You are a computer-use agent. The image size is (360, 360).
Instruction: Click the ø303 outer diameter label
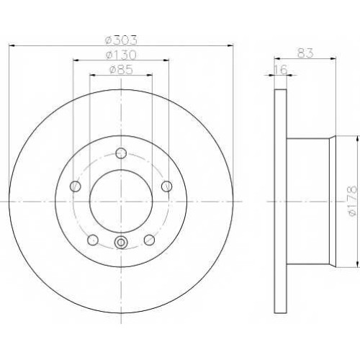[122, 40]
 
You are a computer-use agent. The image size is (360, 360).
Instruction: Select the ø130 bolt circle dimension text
[121, 55]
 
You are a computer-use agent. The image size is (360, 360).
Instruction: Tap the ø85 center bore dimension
[121, 70]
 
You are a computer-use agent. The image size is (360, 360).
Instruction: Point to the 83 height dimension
[305, 53]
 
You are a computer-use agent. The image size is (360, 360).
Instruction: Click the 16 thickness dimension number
[281, 70]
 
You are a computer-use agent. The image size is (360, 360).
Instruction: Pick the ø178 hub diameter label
[354, 201]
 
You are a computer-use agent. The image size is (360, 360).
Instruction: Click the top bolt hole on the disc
[121, 153]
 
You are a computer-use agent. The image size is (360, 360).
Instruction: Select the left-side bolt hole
[76, 186]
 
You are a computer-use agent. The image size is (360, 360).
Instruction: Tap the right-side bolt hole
[167, 186]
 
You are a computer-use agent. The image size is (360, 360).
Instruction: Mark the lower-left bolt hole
[93, 240]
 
